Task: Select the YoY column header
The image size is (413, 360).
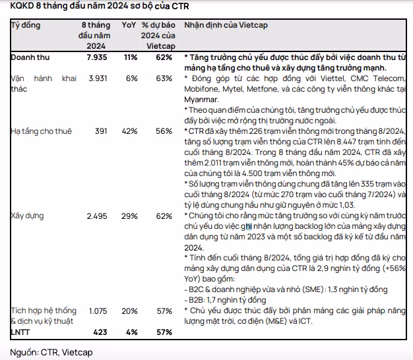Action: coord(129,25)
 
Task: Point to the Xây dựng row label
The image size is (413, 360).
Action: coord(26,216)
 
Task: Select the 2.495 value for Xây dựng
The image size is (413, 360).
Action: coord(96,216)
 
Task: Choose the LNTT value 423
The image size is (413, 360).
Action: coord(99,332)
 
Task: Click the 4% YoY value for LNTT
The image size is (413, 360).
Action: coord(132,332)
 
